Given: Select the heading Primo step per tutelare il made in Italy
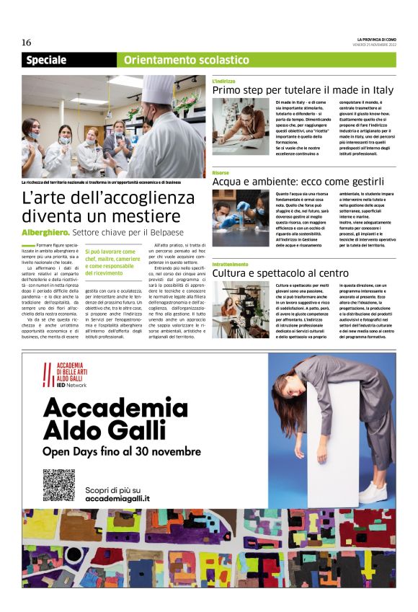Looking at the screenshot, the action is pyautogui.click(x=303, y=90).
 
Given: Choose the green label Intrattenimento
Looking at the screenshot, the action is pyautogui.click(x=231, y=265).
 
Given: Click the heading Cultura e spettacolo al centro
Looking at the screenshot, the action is pyautogui.click(x=280, y=274).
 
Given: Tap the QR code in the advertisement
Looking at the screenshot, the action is pyautogui.click(x=58, y=484).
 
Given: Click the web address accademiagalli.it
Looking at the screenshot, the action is pyautogui.click(x=117, y=498).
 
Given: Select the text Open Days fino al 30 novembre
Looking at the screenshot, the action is pyautogui.click(x=122, y=451).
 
